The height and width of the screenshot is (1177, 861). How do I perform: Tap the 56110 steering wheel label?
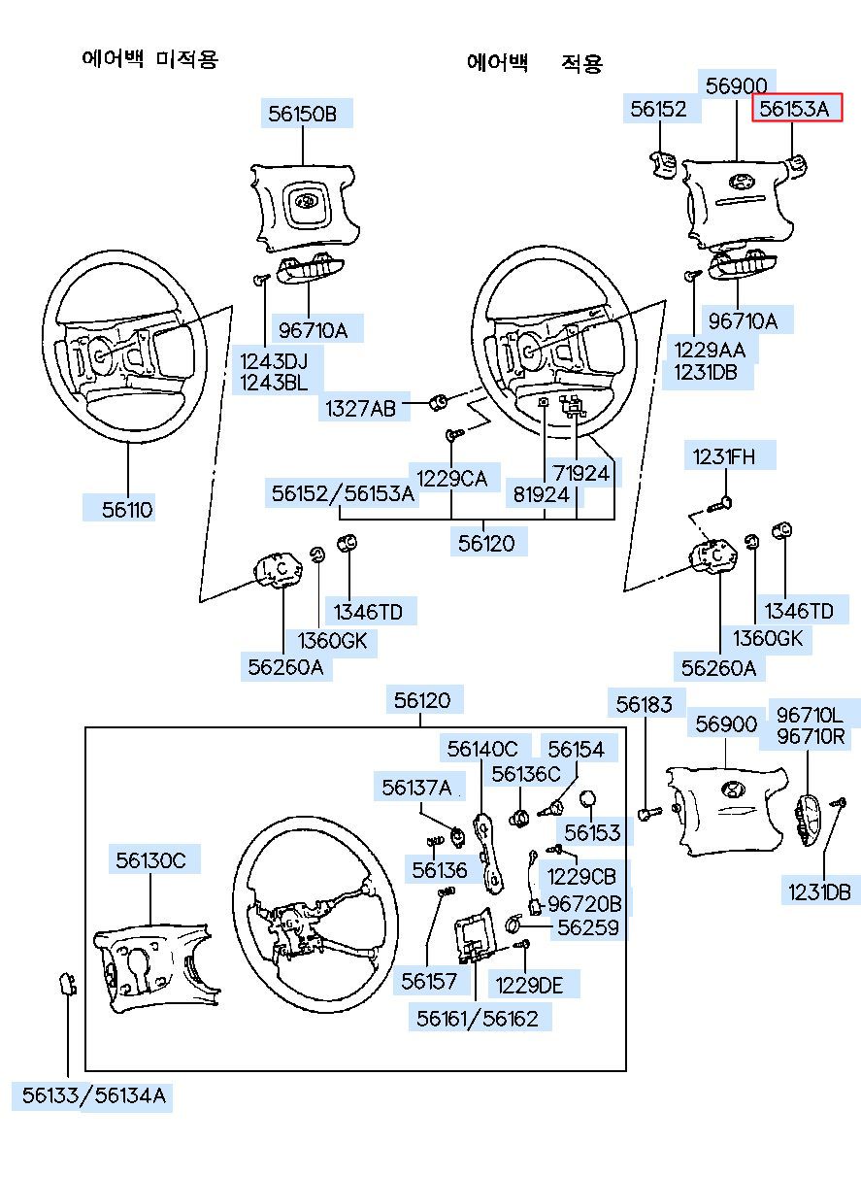coord(128,509)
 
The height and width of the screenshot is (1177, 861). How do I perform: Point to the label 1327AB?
coord(360,409)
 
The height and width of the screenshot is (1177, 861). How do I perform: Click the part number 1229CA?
coord(451,477)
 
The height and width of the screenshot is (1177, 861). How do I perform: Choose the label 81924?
coord(542,493)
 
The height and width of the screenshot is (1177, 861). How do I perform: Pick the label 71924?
coord(581,473)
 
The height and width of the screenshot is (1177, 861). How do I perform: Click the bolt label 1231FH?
coord(721,455)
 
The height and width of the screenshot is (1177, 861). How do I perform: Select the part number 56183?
coord(645,704)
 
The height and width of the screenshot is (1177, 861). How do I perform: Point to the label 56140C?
coord(482,749)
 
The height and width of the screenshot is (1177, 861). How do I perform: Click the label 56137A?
coord(416,787)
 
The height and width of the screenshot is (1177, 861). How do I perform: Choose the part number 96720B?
coord(584,903)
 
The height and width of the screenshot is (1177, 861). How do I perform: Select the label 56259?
coord(586,927)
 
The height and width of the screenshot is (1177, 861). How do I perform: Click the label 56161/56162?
coord(478,1018)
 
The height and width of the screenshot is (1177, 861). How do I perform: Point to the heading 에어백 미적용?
coord(149,59)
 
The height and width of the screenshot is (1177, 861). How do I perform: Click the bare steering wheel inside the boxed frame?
coord(306,903)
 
